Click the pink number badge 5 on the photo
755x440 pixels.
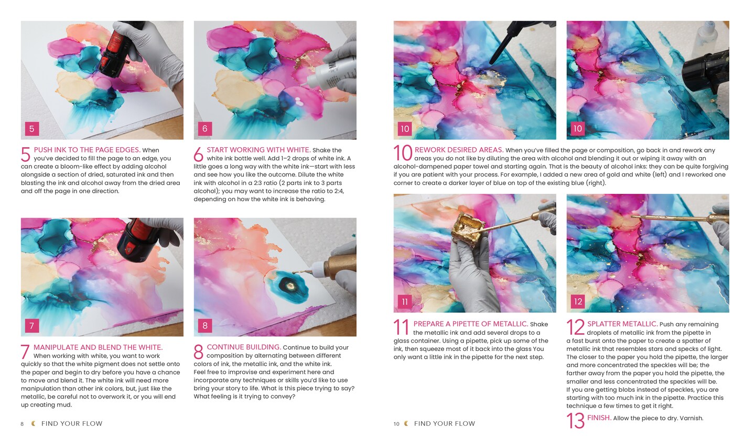pyautogui.click(x=31, y=129)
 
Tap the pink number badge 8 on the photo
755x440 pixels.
pyautogui.click(x=204, y=326)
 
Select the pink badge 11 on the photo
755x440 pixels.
pyautogui.click(x=404, y=302)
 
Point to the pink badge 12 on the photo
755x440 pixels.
pyautogui.click(x=578, y=302)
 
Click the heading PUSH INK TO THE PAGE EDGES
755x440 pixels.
pyautogui.click(x=87, y=150)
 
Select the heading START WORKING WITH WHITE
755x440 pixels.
pyautogui.click(x=258, y=150)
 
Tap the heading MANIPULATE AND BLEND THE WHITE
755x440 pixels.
pyautogui.click(x=98, y=347)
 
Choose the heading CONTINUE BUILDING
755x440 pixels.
pyautogui.click(x=244, y=347)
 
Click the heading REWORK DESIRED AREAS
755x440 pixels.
pyautogui.click(x=459, y=150)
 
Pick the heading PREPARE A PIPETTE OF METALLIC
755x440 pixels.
pyautogui.click(x=470, y=324)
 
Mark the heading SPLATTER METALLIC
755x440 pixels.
pyautogui.click(x=622, y=324)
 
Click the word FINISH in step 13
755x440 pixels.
pyautogui.click(x=598, y=418)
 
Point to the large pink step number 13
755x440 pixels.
pyautogui.click(x=575, y=421)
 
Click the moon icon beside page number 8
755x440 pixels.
pyautogui.click(x=34, y=424)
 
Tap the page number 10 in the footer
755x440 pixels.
pyautogui.click(x=396, y=424)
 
